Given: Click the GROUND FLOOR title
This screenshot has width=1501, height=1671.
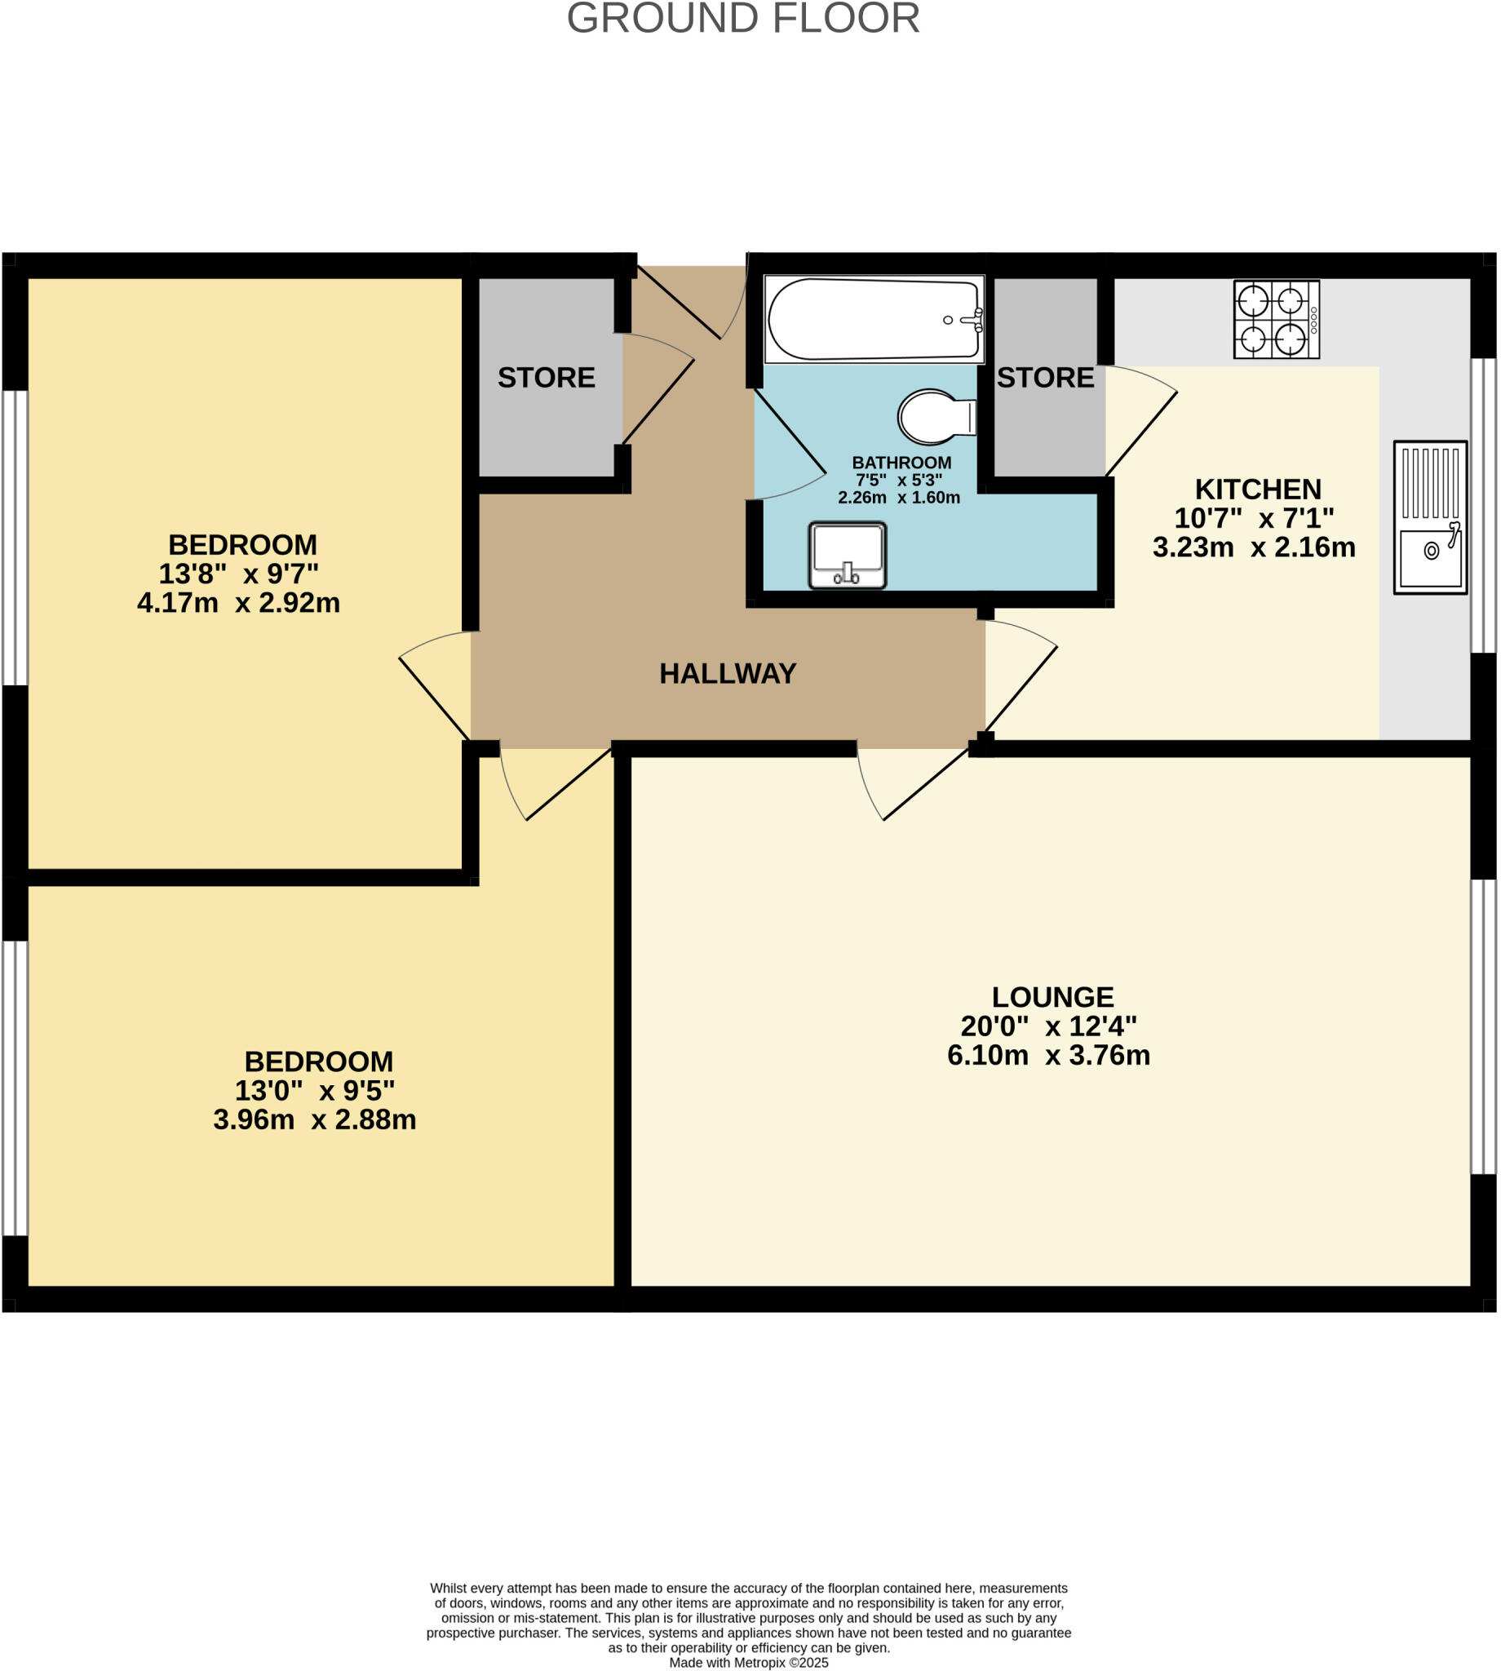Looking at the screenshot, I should (x=742, y=18).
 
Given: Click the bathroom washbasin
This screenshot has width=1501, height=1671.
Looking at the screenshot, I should (x=847, y=555).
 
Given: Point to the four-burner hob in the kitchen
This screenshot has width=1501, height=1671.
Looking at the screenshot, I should (x=1275, y=319).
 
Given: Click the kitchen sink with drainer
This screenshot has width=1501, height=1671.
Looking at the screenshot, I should (x=1429, y=517).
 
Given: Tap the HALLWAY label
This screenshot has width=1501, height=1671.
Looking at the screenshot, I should (x=728, y=674).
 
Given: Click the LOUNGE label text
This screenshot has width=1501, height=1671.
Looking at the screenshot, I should (x=1052, y=997).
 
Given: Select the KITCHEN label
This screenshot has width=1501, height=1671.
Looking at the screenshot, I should (x=1257, y=489).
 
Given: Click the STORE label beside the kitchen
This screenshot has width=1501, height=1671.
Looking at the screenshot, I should (x=1045, y=378).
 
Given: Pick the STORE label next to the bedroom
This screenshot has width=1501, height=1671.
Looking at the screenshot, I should (x=546, y=378).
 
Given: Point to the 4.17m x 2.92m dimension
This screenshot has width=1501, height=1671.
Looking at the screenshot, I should (x=238, y=603).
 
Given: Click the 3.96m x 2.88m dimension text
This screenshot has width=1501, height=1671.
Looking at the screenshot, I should (x=314, y=1120).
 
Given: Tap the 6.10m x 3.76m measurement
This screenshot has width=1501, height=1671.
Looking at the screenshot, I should (x=1047, y=1056).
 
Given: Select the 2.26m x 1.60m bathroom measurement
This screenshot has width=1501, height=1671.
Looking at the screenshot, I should (x=898, y=499).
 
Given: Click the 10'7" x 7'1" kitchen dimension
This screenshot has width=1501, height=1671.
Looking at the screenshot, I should (x=1254, y=518).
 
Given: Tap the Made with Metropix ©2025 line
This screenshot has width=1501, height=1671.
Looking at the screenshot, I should (x=748, y=1662).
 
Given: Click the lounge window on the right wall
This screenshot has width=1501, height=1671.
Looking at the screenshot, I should (x=1482, y=1027).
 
